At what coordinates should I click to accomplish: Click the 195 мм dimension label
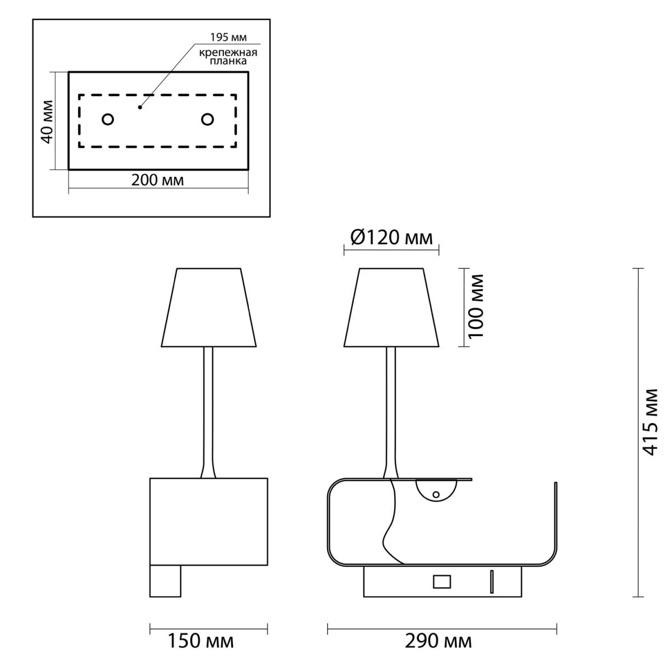pyautogui.click(x=228, y=38)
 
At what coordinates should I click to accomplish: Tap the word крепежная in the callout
pyautogui.click(x=228, y=53)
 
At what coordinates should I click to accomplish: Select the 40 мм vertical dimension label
pyautogui.click(x=47, y=122)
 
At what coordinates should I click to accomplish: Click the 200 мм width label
pyautogui.click(x=157, y=180)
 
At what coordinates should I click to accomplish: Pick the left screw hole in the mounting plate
pyautogui.click(x=108, y=120)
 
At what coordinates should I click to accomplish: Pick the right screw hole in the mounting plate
pyautogui.click(x=208, y=119)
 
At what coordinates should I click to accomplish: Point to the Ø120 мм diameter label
pyautogui.click(x=391, y=238)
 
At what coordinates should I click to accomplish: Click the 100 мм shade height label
pyautogui.click(x=476, y=306)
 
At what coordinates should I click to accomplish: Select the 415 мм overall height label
pyautogui.click(x=650, y=422)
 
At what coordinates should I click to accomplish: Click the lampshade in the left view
pyautogui.click(x=209, y=307)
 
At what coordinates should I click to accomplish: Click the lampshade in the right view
pyautogui.click(x=391, y=307)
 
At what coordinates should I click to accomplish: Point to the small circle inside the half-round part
pyautogui.click(x=436, y=494)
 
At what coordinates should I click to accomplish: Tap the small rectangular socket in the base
pyautogui.click(x=442, y=582)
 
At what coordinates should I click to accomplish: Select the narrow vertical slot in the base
pyautogui.click(x=492, y=581)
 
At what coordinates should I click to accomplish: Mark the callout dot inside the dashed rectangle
pyautogui.click(x=140, y=108)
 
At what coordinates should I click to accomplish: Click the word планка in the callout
pyautogui.click(x=228, y=62)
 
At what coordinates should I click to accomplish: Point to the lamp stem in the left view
pyautogui.click(x=208, y=413)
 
